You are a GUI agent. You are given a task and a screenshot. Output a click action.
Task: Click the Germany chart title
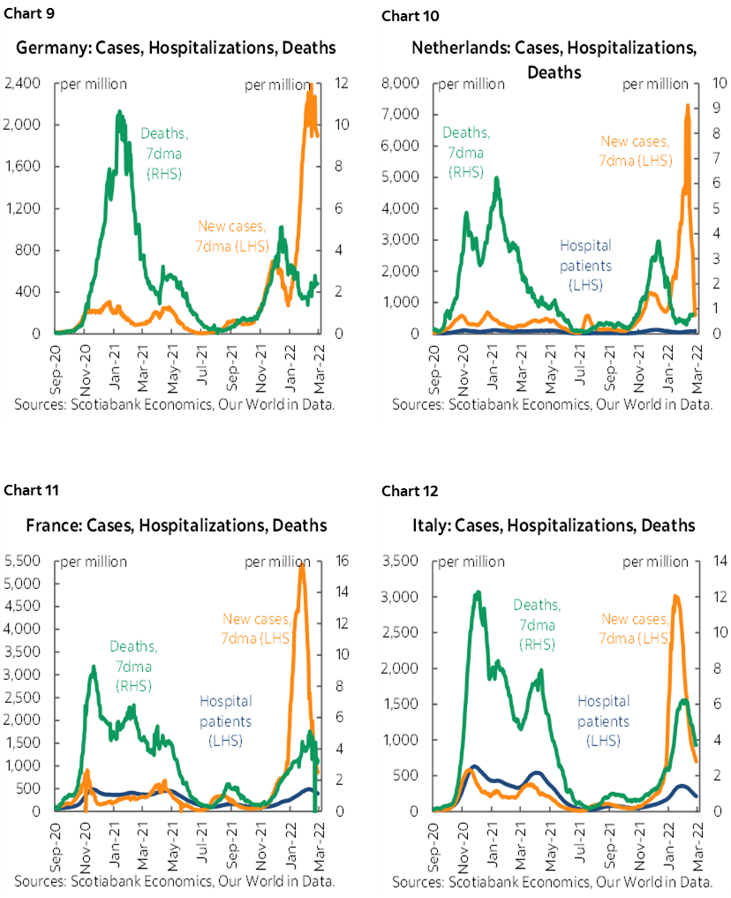pyautogui.click(x=177, y=47)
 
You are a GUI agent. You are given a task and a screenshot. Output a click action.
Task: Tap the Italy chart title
pyautogui.click(x=554, y=525)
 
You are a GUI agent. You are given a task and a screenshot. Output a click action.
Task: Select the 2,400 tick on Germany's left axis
pyautogui.click(x=20, y=83)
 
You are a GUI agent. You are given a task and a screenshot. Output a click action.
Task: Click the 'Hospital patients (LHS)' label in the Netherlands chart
pyautogui.click(x=585, y=263)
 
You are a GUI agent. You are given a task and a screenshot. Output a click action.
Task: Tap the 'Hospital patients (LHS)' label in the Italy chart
pyautogui.click(x=604, y=721)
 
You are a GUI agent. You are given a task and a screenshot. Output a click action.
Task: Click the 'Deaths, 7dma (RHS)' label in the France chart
pyautogui.click(x=134, y=666)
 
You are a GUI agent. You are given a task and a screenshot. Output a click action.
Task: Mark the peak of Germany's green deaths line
pyautogui.click(x=119, y=113)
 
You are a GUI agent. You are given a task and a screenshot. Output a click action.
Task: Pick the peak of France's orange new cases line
pyautogui.click(x=302, y=564)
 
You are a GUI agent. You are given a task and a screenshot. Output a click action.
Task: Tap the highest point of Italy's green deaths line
pyautogui.click(x=478, y=592)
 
